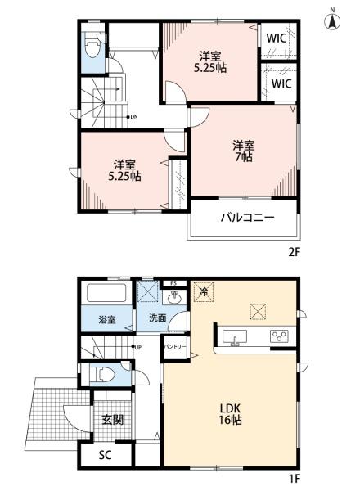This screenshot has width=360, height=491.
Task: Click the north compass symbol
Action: tap(334, 20)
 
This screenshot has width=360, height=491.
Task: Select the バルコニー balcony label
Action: tap(245, 218)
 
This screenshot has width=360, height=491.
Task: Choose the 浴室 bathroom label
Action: tap(107, 319)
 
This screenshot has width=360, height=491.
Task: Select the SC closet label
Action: tap(105, 456)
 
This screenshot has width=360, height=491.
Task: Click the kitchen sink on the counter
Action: tap(234, 337)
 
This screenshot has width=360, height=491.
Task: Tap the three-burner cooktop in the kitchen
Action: tap(277, 336)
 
